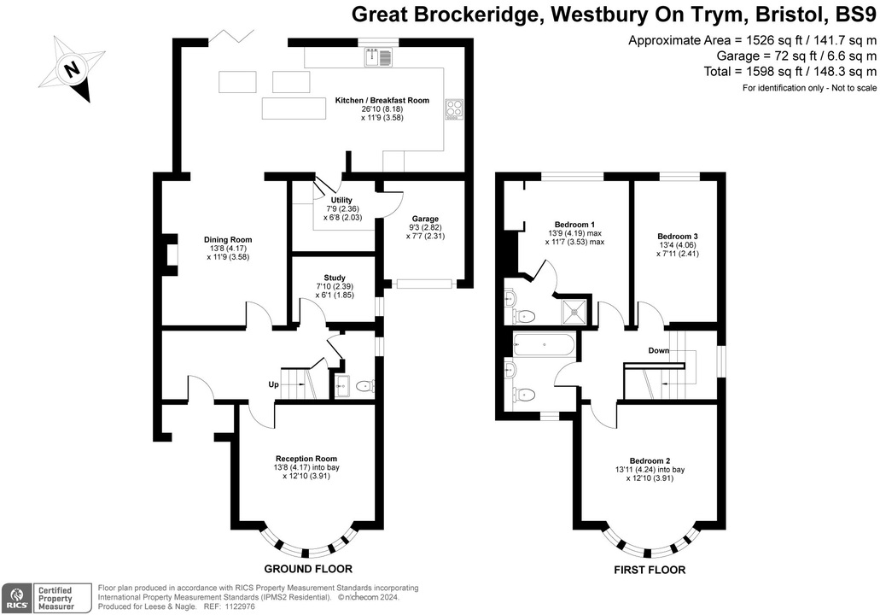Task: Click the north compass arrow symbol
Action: pos(73,68)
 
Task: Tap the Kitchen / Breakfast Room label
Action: pos(382,101)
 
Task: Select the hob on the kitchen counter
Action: pos(453,110)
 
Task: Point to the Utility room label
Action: pos(329,200)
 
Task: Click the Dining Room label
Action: pos(228,240)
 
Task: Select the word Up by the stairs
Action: pos(274,385)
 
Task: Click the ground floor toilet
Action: pos(364,386)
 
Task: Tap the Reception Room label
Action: pos(306,459)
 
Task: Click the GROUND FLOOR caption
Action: pos(308,569)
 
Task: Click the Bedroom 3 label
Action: pos(678,237)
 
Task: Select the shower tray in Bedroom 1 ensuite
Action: pos(573,312)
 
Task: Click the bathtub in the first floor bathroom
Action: pos(545,345)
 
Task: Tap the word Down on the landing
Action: pos(658,351)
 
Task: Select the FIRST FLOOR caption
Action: pos(650,570)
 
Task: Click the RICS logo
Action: pos(16,597)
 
